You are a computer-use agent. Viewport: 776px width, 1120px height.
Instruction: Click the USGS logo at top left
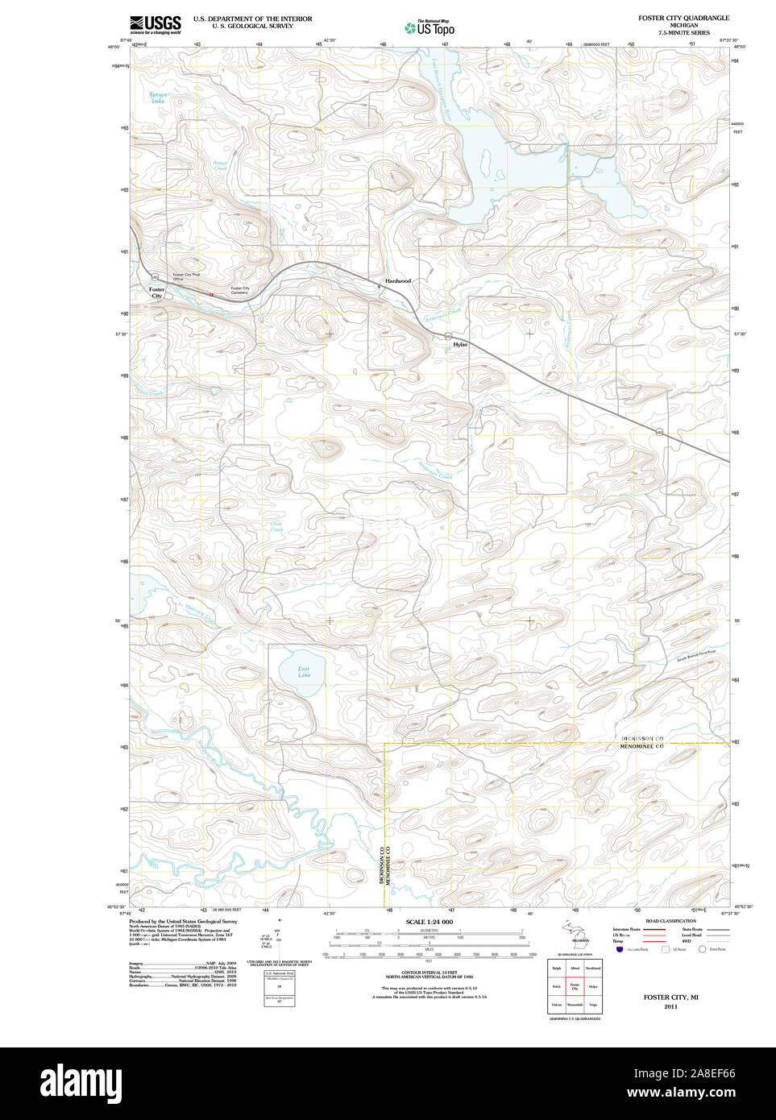155,24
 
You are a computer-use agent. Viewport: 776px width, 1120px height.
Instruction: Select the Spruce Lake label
158,97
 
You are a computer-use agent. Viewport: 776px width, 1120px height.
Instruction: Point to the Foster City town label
156,292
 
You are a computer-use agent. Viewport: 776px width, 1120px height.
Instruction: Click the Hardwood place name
397,281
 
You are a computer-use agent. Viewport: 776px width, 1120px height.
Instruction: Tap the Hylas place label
460,344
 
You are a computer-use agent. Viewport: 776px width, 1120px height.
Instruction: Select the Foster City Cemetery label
239,290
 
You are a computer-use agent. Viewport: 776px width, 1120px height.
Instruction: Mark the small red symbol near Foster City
211,294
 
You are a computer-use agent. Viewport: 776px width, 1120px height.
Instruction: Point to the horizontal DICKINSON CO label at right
641,739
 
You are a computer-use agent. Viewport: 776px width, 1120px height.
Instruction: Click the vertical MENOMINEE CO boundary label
388,866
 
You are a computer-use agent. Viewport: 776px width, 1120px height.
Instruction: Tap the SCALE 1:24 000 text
429,922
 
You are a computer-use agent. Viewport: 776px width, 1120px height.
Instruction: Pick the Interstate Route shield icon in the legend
620,950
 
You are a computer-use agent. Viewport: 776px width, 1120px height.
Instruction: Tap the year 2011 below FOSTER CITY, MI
670,1006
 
